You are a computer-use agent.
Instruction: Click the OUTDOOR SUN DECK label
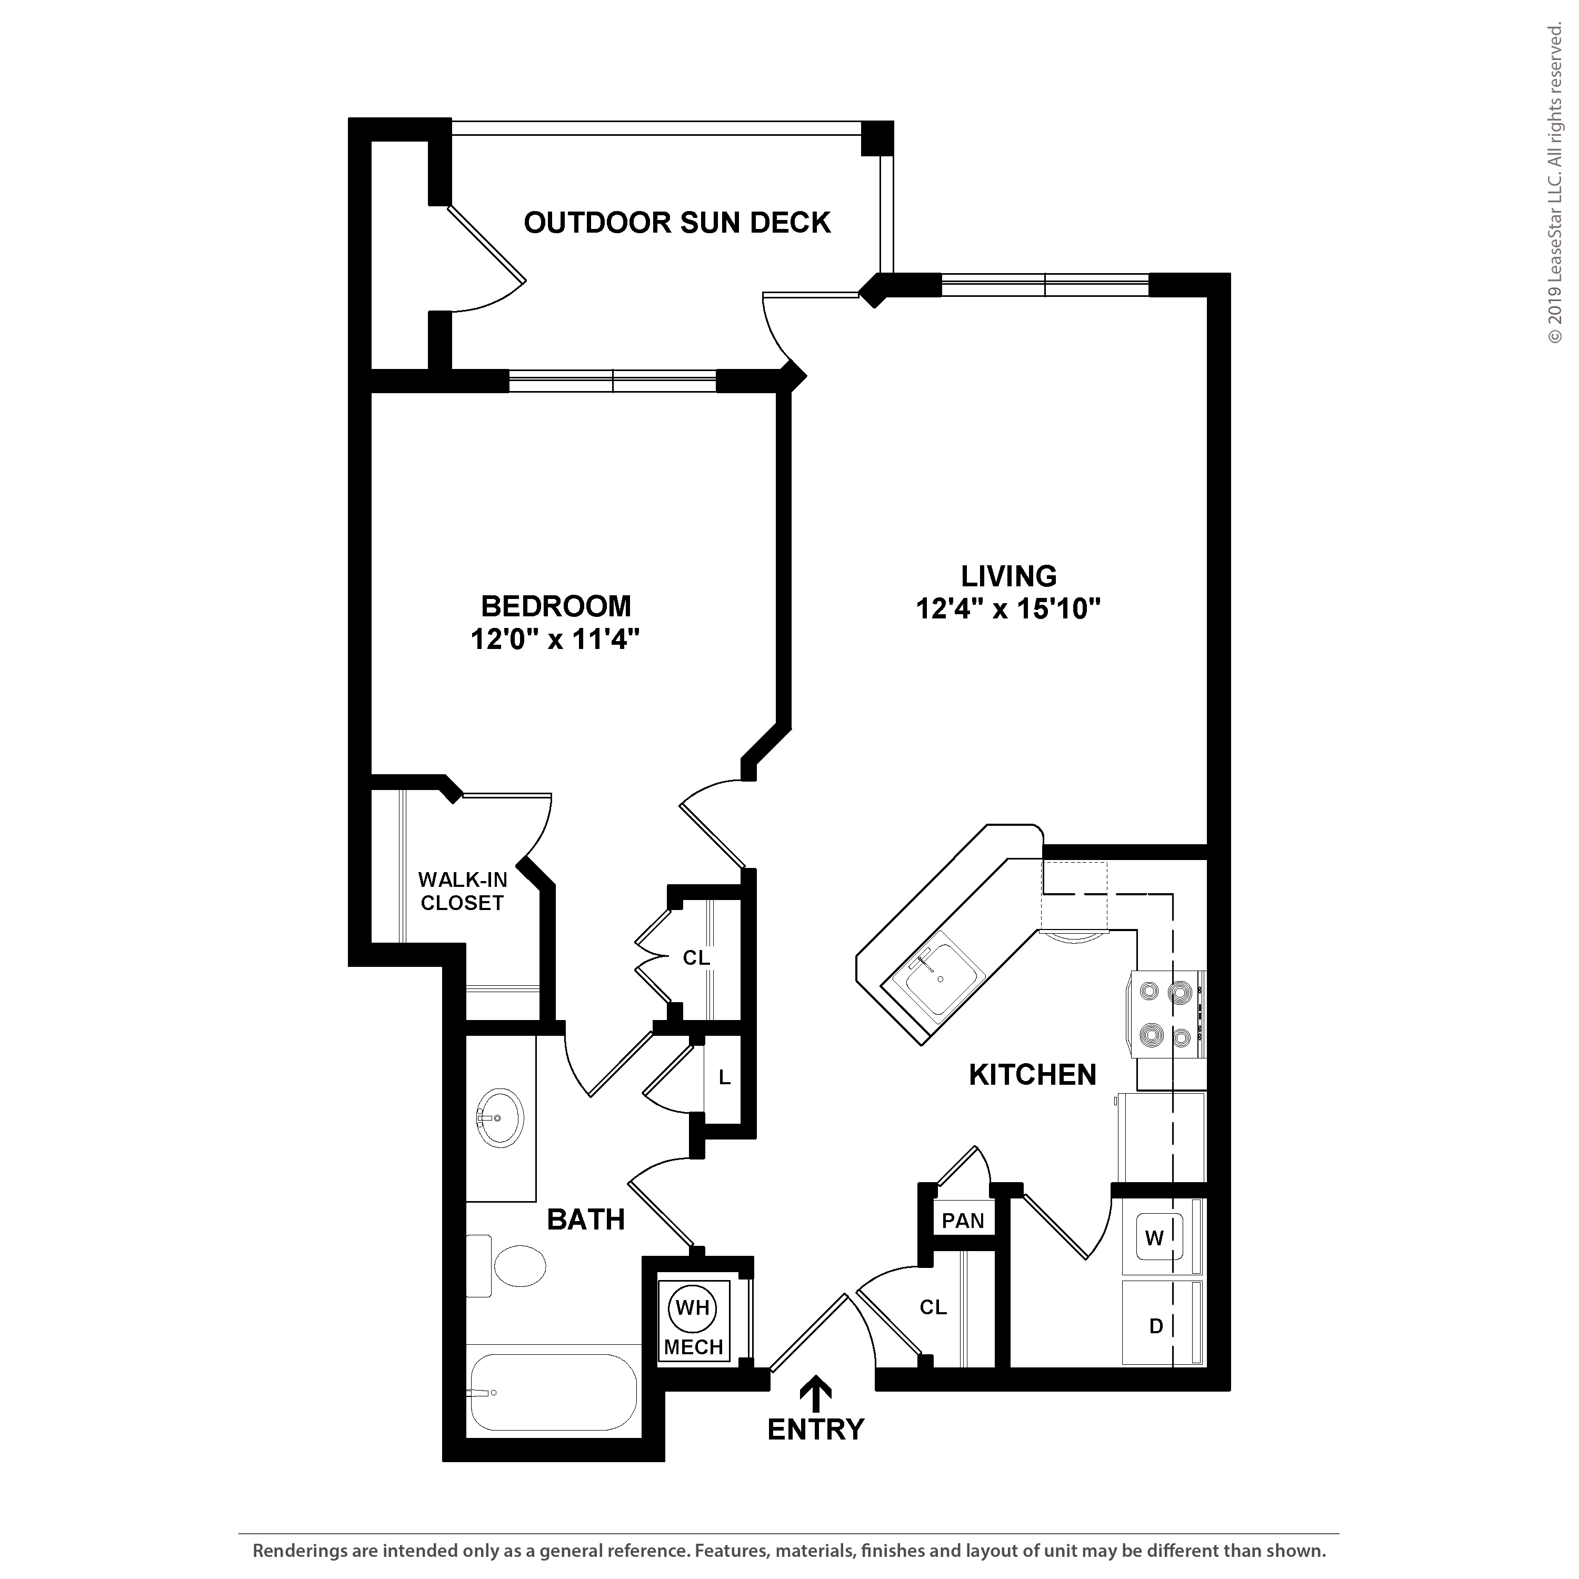677,222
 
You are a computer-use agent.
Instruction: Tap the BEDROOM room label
556,606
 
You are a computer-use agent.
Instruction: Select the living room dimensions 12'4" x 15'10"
1008,609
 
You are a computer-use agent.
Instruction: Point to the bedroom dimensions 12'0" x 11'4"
554,638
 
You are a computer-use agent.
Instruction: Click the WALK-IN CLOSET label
463,891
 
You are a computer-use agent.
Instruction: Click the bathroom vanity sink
499,1117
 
